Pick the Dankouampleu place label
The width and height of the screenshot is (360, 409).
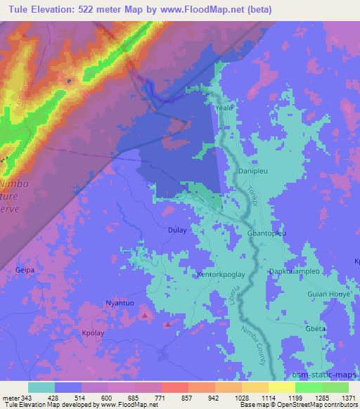(x=295, y=271)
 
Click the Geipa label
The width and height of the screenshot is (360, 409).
(x=25, y=269)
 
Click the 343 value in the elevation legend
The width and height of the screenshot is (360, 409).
(x=20, y=398)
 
